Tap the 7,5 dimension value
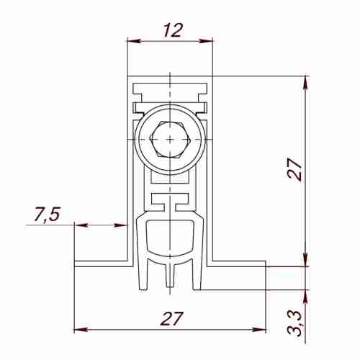click(x=47, y=214)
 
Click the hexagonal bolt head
click(x=168, y=139)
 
